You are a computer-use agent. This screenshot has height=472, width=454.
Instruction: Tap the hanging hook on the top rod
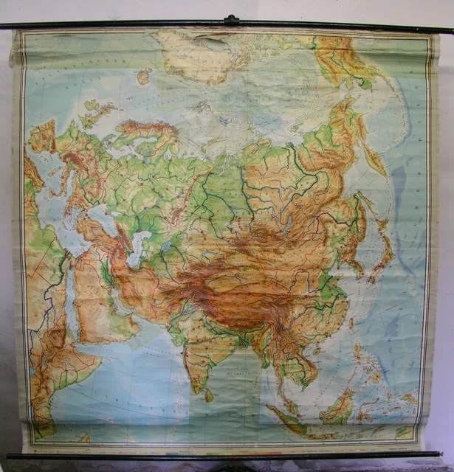tap(232, 20)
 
